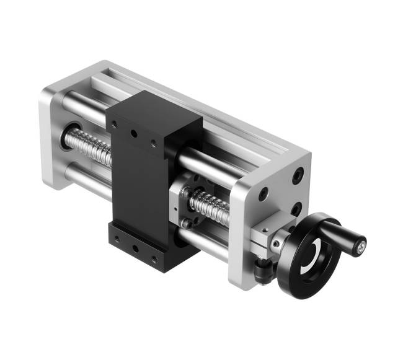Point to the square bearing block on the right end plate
click(x=263, y=239)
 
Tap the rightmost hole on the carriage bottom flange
click(x=153, y=257)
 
